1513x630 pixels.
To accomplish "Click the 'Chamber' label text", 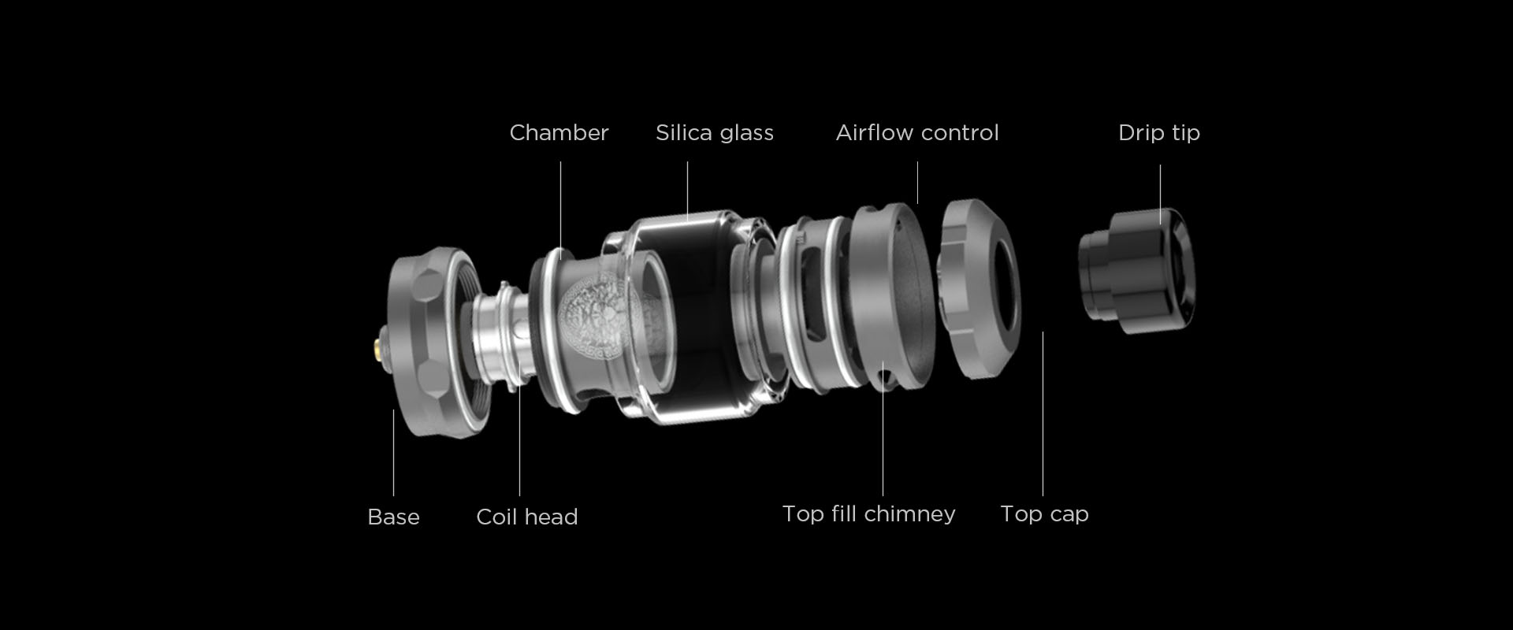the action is click(559, 132).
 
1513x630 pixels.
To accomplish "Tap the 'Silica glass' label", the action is click(715, 133).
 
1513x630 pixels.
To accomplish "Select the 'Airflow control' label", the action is click(917, 132).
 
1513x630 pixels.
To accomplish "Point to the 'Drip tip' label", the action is click(1159, 133).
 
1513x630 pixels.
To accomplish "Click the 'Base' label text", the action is click(393, 517).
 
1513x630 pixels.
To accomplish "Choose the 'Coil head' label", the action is click(527, 517).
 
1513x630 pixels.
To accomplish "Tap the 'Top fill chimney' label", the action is click(868, 514).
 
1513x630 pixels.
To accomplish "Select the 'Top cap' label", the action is click(1044, 514).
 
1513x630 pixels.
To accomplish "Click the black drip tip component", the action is click(1136, 268).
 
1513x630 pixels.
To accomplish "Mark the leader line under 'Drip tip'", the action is click(1160, 195).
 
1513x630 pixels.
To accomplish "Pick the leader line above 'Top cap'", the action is click(1043, 413).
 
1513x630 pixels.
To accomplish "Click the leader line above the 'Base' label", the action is click(393, 453).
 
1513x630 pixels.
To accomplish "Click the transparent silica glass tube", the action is click(693, 315).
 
